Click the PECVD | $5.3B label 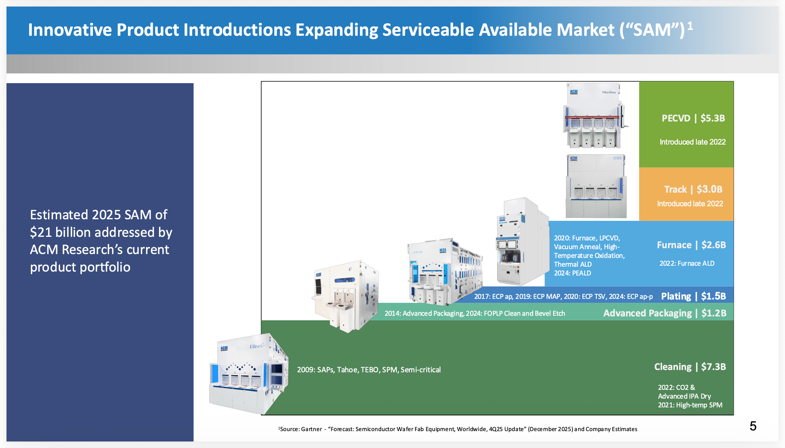point(693,118)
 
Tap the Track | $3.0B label point(693,189)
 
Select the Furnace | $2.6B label point(691,245)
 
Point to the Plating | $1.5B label point(693,296)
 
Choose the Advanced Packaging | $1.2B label point(664,313)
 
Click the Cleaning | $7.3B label point(690,367)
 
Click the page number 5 point(753,426)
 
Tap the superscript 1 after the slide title point(690,26)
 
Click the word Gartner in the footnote point(312,429)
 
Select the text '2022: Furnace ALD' point(687,263)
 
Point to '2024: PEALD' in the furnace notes point(572,273)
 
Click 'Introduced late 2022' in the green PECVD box point(693,142)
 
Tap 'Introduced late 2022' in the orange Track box point(690,204)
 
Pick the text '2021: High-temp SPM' point(690,405)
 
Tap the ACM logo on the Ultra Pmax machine point(574,92)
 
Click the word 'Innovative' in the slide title point(70,30)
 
